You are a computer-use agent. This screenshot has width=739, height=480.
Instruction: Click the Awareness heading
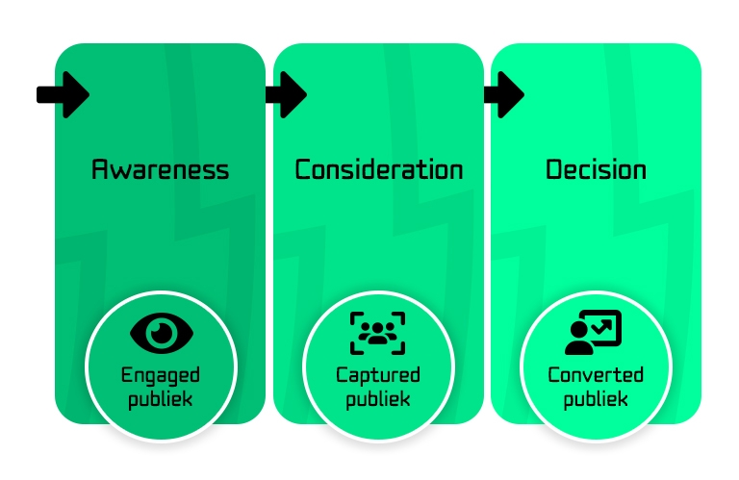(161, 170)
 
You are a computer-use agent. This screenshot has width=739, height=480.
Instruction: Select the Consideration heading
(378, 170)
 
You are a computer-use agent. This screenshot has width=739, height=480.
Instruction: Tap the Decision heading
(596, 170)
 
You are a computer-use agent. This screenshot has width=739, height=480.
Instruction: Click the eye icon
(162, 333)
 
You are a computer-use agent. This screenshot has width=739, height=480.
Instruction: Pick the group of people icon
(377, 333)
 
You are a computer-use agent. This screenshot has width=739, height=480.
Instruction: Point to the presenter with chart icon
(593, 333)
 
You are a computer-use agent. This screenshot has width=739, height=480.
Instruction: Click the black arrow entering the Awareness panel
(64, 94)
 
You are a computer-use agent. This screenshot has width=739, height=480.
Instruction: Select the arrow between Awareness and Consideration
(285, 94)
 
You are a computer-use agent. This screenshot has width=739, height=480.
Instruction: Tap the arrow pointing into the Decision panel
(503, 94)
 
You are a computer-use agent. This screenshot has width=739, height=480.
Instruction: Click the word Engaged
(161, 375)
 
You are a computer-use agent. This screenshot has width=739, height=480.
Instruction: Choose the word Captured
(378, 375)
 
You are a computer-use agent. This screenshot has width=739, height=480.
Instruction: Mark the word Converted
(596, 375)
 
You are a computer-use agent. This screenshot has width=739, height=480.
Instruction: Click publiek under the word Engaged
(161, 398)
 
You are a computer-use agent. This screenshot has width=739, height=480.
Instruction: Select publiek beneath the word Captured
(378, 398)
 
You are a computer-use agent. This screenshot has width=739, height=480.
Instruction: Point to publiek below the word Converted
(596, 398)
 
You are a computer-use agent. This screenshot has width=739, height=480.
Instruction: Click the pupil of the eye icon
(162, 333)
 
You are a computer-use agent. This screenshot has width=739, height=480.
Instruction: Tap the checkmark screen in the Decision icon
(604, 327)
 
